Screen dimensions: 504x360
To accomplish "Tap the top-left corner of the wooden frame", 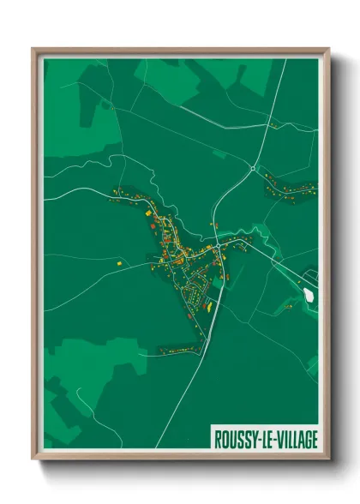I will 33,49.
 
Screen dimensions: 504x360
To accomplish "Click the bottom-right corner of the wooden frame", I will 328,459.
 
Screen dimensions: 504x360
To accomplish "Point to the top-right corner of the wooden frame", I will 328,49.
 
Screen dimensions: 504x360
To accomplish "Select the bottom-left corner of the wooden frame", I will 33,459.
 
